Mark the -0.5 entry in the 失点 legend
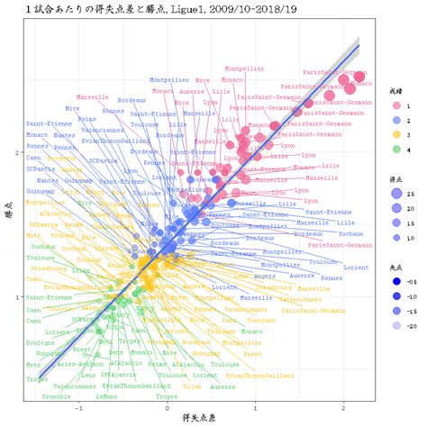pos(396,280)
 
